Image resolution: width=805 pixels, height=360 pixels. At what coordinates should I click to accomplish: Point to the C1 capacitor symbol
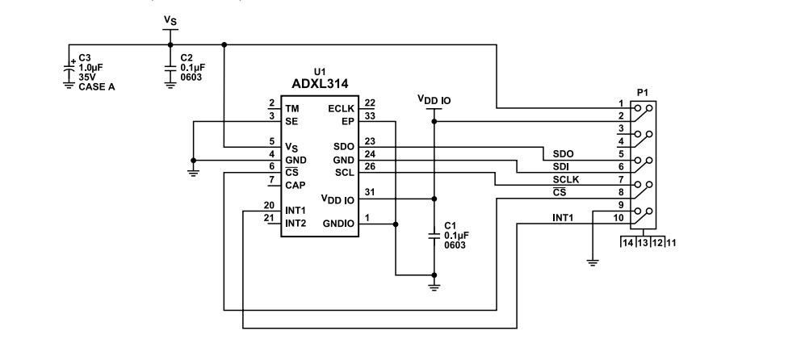434,234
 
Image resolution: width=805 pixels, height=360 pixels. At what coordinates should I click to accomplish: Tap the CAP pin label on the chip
296,185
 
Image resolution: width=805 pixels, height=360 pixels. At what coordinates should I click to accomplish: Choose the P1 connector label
643,93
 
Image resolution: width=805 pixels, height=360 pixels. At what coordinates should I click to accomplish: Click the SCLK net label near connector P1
566,178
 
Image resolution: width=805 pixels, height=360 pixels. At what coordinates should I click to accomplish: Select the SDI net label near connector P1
560,166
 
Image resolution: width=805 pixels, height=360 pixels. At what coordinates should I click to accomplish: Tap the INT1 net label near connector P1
564,218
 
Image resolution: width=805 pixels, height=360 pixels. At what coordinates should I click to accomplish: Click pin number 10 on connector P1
618,218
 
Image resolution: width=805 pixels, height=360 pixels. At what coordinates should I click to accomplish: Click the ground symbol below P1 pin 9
593,260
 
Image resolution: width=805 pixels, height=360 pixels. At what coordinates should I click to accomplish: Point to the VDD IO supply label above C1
434,100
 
